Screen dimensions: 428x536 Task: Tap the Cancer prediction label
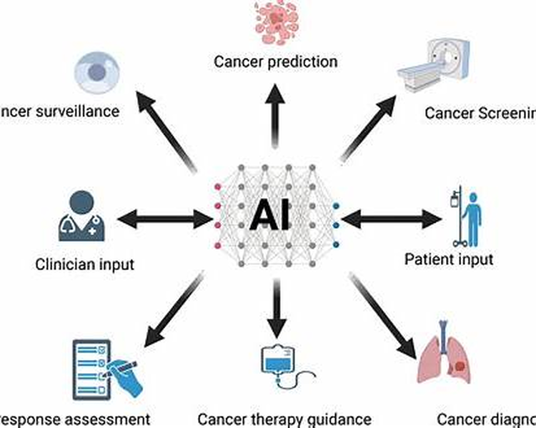pyautogui.click(x=275, y=61)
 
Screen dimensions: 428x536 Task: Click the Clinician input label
pyautogui.click(x=84, y=264)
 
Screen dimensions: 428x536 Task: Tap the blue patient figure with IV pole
pyautogui.click(x=463, y=214)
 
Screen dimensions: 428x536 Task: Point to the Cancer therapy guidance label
pyautogui.click(x=284, y=419)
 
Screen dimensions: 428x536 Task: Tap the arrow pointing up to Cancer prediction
pyautogui.click(x=274, y=108)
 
